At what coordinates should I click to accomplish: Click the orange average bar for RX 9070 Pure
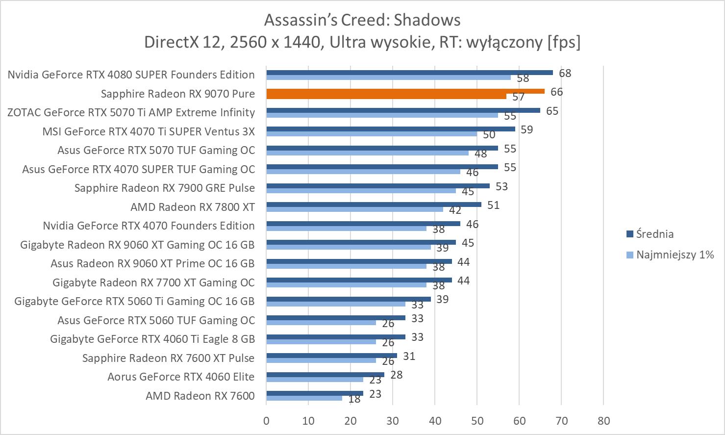coord(405,91)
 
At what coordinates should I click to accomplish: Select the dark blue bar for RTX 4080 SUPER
coord(409,73)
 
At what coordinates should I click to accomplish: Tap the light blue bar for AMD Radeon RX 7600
coord(304,398)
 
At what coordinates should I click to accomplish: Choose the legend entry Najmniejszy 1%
coord(675,255)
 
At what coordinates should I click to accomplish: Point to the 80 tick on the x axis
coord(603,421)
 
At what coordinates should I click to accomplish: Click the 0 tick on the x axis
coord(266,421)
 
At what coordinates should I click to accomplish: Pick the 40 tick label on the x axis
coord(435,421)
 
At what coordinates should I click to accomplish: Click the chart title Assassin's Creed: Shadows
coord(362,20)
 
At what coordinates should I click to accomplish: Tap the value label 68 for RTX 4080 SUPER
coord(565,73)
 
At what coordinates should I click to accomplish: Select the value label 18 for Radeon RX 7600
coord(354,399)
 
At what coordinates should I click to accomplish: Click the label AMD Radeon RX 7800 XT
coord(192,207)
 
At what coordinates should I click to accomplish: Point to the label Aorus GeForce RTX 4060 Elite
coord(181,377)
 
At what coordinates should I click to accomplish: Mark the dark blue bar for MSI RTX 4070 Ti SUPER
coord(390,129)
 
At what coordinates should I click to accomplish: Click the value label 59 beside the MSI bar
coord(526,129)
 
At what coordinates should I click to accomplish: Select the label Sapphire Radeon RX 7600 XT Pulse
coord(168,358)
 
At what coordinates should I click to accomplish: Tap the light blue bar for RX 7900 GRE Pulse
coord(361,191)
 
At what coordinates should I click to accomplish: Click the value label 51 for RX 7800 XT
coord(493,205)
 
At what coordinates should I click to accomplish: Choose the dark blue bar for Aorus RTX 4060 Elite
coord(325,375)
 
